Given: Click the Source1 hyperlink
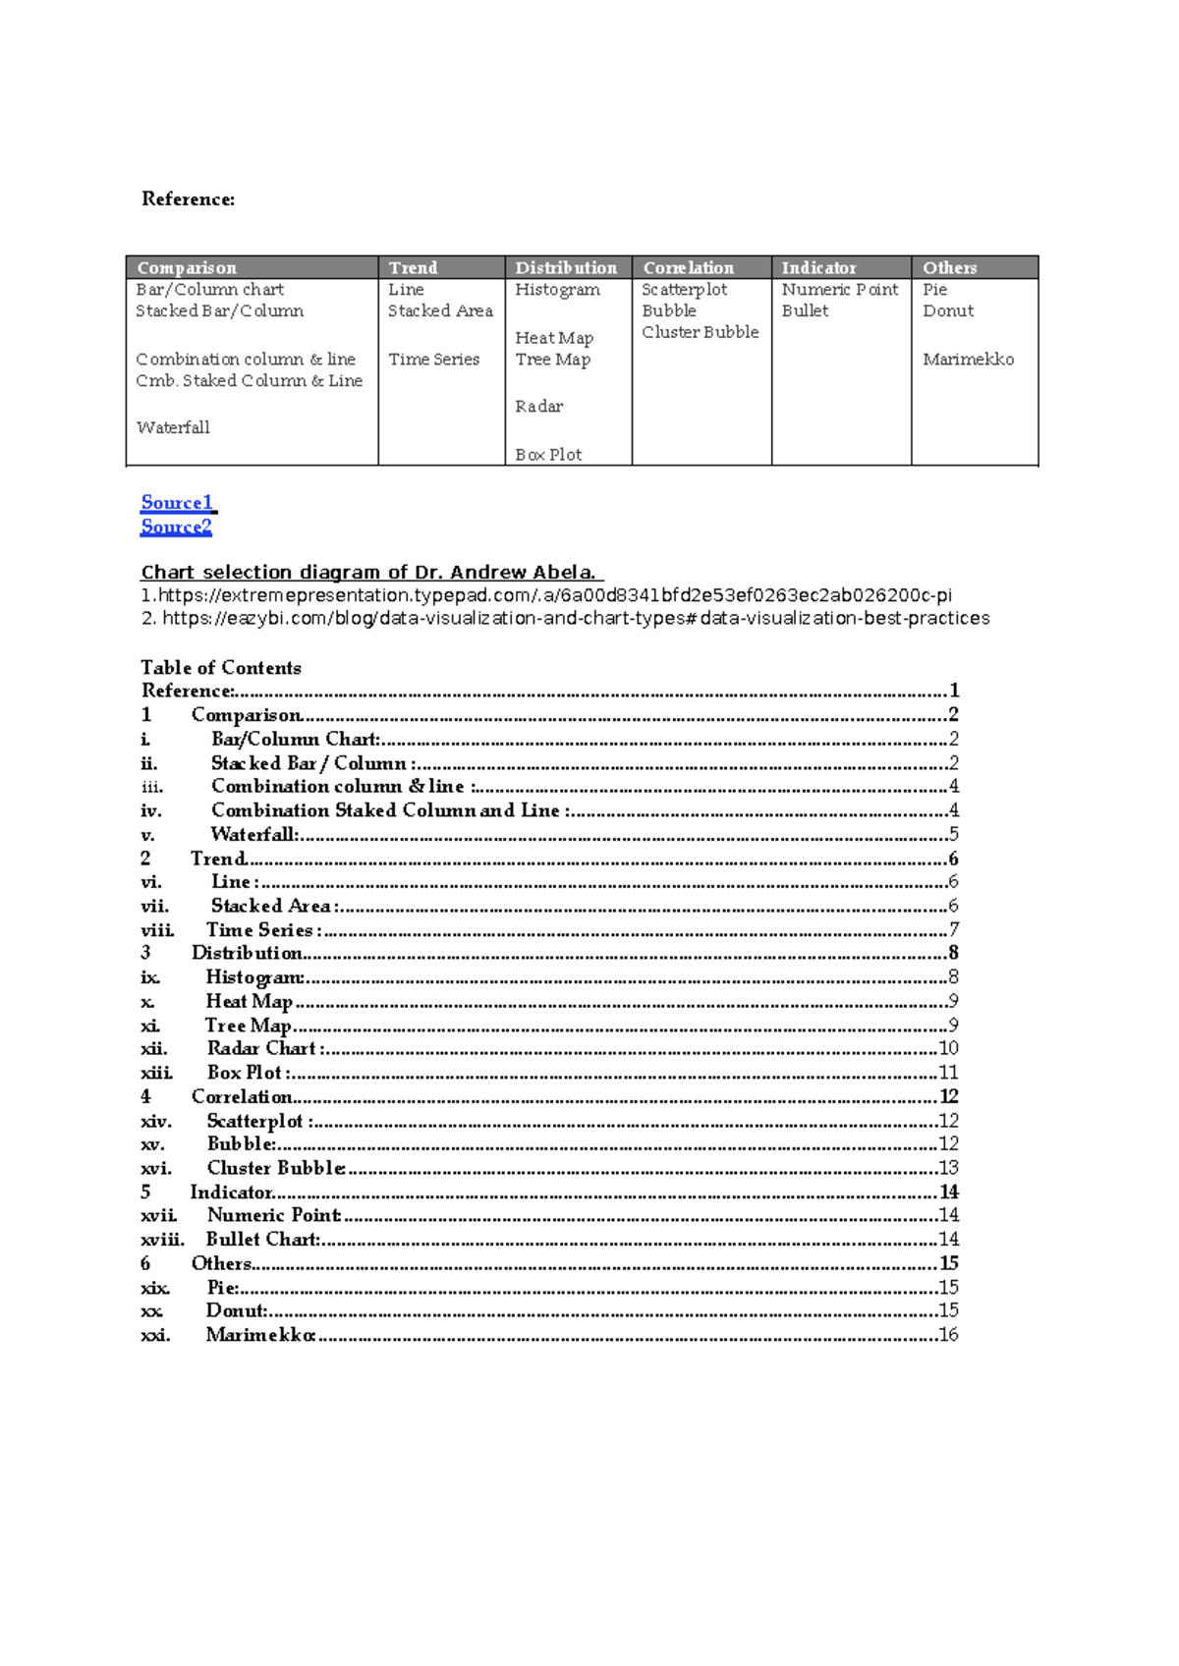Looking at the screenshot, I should click(x=177, y=503).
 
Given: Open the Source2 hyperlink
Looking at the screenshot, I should click(x=176, y=527).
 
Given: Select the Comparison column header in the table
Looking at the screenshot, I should click(x=187, y=268).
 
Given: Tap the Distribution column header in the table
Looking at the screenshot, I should click(x=566, y=268).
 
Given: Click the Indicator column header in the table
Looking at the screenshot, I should click(x=818, y=268).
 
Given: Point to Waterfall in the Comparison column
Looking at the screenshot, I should click(x=173, y=427).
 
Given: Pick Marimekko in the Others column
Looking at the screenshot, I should click(x=968, y=360).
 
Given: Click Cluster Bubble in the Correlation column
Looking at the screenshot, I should click(x=700, y=332).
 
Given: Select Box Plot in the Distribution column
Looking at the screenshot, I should click(x=548, y=455).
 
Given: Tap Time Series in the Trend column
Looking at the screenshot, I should click(x=433, y=360).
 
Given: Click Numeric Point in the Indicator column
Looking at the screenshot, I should click(x=839, y=290).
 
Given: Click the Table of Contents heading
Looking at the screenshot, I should click(x=221, y=668).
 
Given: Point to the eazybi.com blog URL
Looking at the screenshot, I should click(x=575, y=618).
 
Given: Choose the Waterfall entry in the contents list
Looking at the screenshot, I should click(x=254, y=834).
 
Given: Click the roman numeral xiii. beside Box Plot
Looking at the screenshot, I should click(x=156, y=1073).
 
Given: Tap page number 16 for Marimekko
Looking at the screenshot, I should click(x=948, y=1335).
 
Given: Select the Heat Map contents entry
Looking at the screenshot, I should click(x=250, y=1001).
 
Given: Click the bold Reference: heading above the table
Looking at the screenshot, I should click(x=189, y=199).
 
